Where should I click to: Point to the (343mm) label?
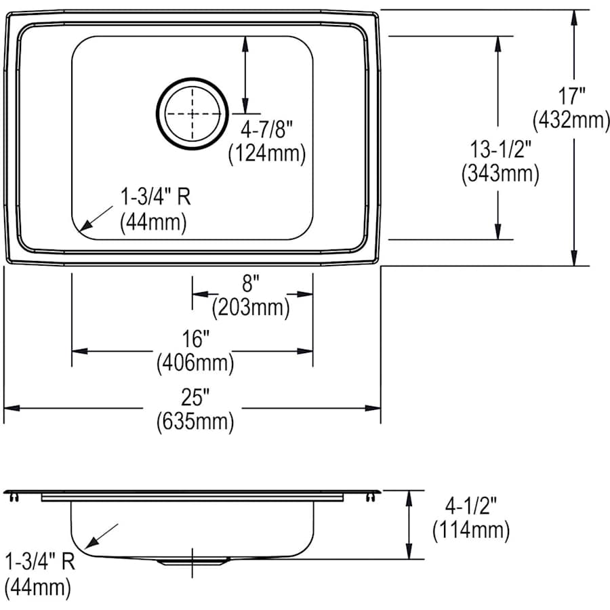coord(500,174)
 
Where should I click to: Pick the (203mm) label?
coord(251,308)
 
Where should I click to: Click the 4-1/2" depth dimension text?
coord(471,506)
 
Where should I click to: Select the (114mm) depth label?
coord(471,530)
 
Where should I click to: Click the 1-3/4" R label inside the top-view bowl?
coord(155,197)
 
